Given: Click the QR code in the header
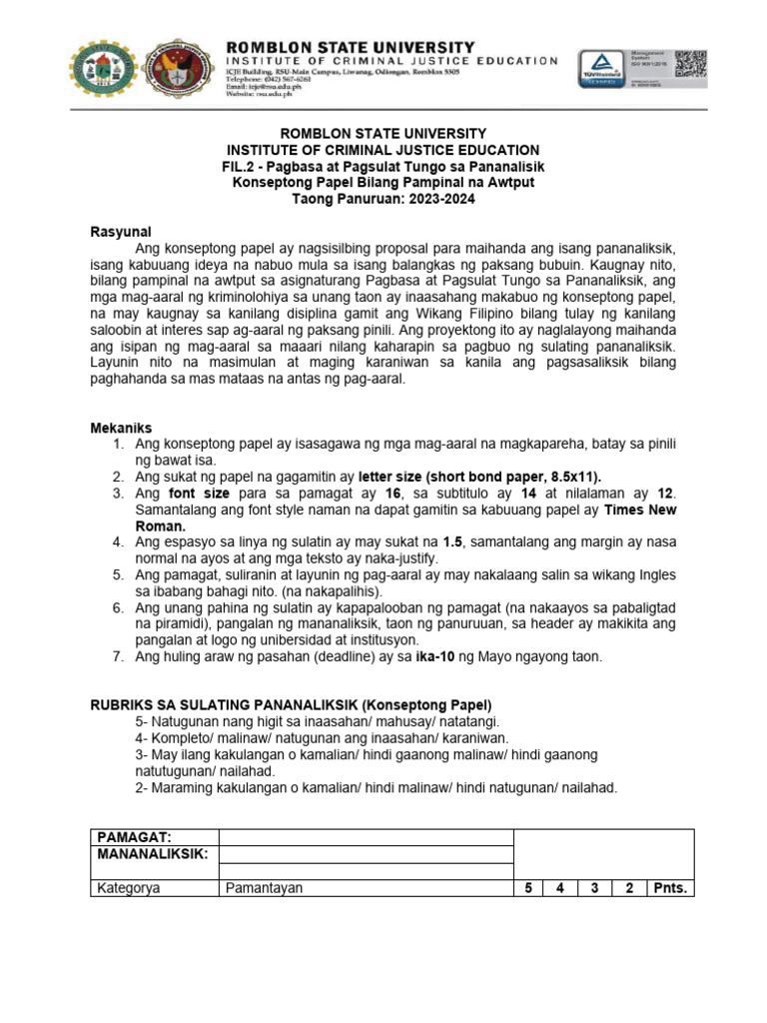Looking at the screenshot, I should (690, 63).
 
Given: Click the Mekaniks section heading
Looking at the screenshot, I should (121, 428).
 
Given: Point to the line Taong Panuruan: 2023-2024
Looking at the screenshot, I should (383, 199).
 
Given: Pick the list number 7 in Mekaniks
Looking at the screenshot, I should (117, 656).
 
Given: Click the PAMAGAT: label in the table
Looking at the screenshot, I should (134, 837).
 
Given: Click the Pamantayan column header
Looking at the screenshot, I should (264, 888).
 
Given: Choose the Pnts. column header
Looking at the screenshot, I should (670, 888).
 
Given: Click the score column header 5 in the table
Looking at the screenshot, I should (527, 888).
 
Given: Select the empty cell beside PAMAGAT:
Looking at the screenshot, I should (365, 837).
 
